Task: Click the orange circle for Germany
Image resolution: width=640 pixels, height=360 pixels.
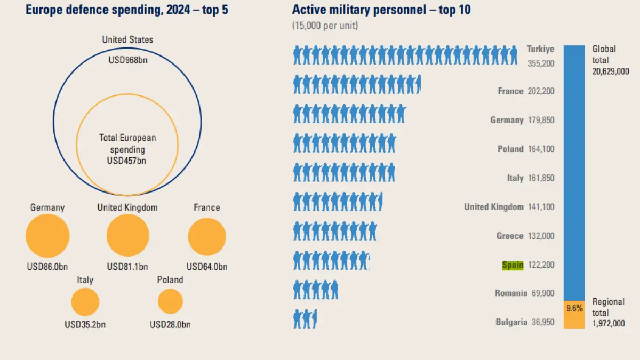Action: [x=47, y=236]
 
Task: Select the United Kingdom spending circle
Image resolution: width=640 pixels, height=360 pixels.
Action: [x=127, y=236]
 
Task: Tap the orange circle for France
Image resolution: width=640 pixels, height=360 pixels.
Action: [x=207, y=236]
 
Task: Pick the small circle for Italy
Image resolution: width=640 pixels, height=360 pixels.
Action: [x=85, y=302]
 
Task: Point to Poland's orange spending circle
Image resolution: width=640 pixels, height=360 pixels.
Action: [x=170, y=301]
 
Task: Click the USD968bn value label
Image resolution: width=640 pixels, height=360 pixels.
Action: [x=127, y=60]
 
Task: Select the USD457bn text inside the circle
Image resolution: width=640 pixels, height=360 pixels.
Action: [x=127, y=160]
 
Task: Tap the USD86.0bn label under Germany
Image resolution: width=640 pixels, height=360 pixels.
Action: [x=47, y=266]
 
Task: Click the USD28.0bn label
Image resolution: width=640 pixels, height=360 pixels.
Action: [x=170, y=324]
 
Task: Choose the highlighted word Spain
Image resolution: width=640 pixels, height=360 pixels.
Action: [x=513, y=265]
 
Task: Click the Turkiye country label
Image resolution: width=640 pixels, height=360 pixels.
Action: [x=540, y=49]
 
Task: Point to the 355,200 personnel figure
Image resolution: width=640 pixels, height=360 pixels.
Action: [x=540, y=63]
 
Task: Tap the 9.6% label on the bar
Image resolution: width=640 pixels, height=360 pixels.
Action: [x=574, y=308]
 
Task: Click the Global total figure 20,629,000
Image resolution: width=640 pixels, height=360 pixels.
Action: [x=611, y=71]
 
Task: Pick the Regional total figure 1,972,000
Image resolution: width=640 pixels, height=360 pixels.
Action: [x=609, y=323]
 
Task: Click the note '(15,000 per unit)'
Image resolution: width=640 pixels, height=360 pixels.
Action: [x=325, y=25]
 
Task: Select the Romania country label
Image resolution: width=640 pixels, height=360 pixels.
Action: [x=511, y=293]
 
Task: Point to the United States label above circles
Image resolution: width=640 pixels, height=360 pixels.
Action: [x=127, y=40]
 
